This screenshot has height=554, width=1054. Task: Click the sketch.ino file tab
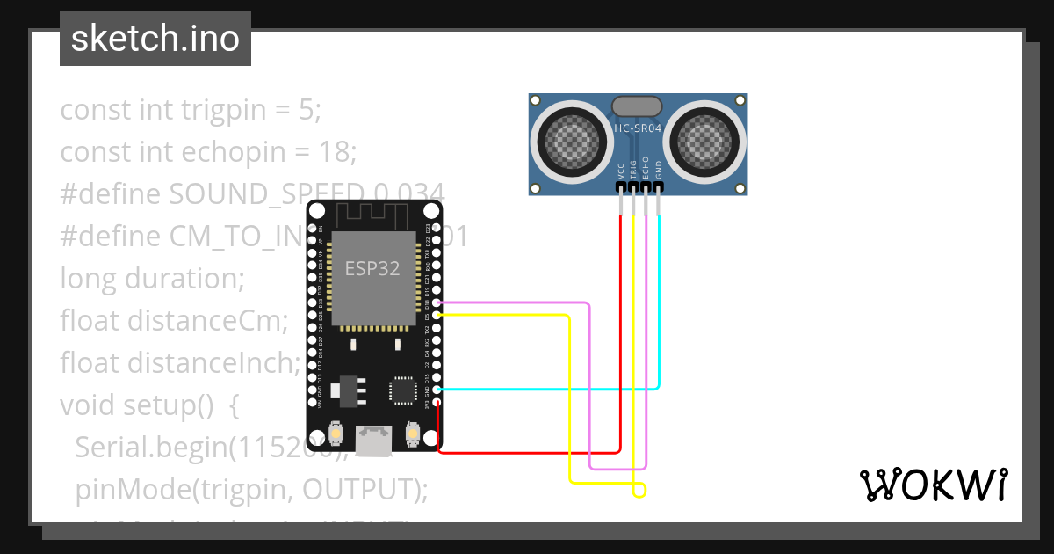pyautogui.click(x=155, y=39)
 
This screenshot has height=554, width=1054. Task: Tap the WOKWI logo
pyautogui.click(x=932, y=485)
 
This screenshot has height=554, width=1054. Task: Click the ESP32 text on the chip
pyautogui.click(x=372, y=269)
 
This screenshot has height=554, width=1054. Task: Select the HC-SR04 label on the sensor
pyautogui.click(x=638, y=128)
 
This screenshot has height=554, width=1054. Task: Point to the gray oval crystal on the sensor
pyautogui.click(x=637, y=106)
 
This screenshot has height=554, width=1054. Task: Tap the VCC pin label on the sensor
pyautogui.click(x=621, y=170)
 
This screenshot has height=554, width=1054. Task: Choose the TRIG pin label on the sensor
pyautogui.click(x=633, y=170)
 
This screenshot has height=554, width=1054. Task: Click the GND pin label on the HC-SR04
pyautogui.click(x=659, y=170)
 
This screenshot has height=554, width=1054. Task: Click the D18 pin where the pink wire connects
pyautogui.click(x=437, y=303)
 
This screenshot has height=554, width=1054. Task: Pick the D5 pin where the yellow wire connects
pyautogui.click(x=437, y=315)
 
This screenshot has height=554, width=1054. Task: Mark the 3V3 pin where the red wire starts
pyautogui.click(x=437, y=401)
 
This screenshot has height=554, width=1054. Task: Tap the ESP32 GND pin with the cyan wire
pyautogui.click(x=437, y=389)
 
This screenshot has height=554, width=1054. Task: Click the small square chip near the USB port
pyautogui.click(x=402, y=390)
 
